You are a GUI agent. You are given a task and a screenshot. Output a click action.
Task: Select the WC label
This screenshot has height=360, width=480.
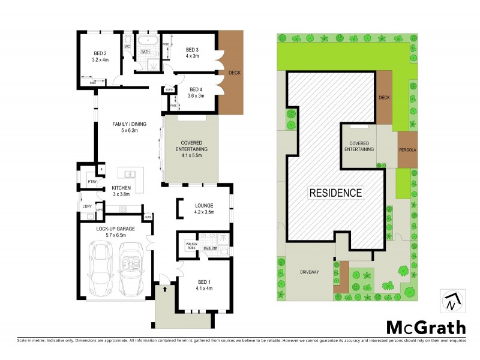[127, 46]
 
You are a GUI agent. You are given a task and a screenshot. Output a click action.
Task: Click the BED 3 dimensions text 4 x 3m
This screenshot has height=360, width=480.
[191, 56]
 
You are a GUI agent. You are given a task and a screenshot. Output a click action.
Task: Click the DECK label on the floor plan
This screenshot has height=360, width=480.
[235, 73]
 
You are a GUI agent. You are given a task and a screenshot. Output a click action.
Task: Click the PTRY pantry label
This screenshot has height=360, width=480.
[92, 181]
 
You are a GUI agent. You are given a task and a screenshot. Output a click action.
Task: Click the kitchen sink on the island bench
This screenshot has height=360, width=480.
[129, 175]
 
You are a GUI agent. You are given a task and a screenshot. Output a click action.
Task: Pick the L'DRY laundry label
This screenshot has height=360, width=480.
[87, 206]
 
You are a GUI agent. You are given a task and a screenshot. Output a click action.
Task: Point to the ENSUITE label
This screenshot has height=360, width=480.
[210, 248]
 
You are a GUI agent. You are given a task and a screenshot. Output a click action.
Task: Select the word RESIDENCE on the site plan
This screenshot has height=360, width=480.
[336, 193]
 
